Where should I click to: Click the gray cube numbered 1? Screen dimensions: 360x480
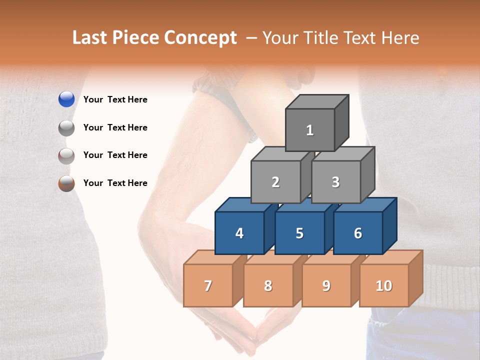tap(310, 130)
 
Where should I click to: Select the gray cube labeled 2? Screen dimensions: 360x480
tap(275, 182)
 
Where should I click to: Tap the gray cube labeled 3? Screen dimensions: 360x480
tap(335, 182)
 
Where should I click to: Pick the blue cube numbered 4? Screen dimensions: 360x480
tap(239, 233)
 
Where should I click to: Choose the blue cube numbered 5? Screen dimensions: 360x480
tap(299, 233)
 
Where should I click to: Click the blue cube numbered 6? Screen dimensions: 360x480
tap(358, 233)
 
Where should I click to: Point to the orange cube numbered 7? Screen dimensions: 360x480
tap(208, 285)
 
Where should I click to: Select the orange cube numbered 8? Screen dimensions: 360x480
tap(268, 285)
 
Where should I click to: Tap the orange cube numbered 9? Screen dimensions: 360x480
tap(326, 285)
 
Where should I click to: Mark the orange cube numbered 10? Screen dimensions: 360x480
tap(384, 285)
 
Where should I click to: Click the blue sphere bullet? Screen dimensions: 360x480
tap(66, 99)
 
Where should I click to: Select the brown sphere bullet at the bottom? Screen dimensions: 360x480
tap(66, 183)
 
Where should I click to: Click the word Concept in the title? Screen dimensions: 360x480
tap(200, 37)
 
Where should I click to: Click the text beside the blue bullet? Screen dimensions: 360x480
tap(115, 99)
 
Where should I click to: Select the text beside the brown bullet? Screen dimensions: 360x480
tap(115, 183)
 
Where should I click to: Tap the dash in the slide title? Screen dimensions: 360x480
tap(252, 38)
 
